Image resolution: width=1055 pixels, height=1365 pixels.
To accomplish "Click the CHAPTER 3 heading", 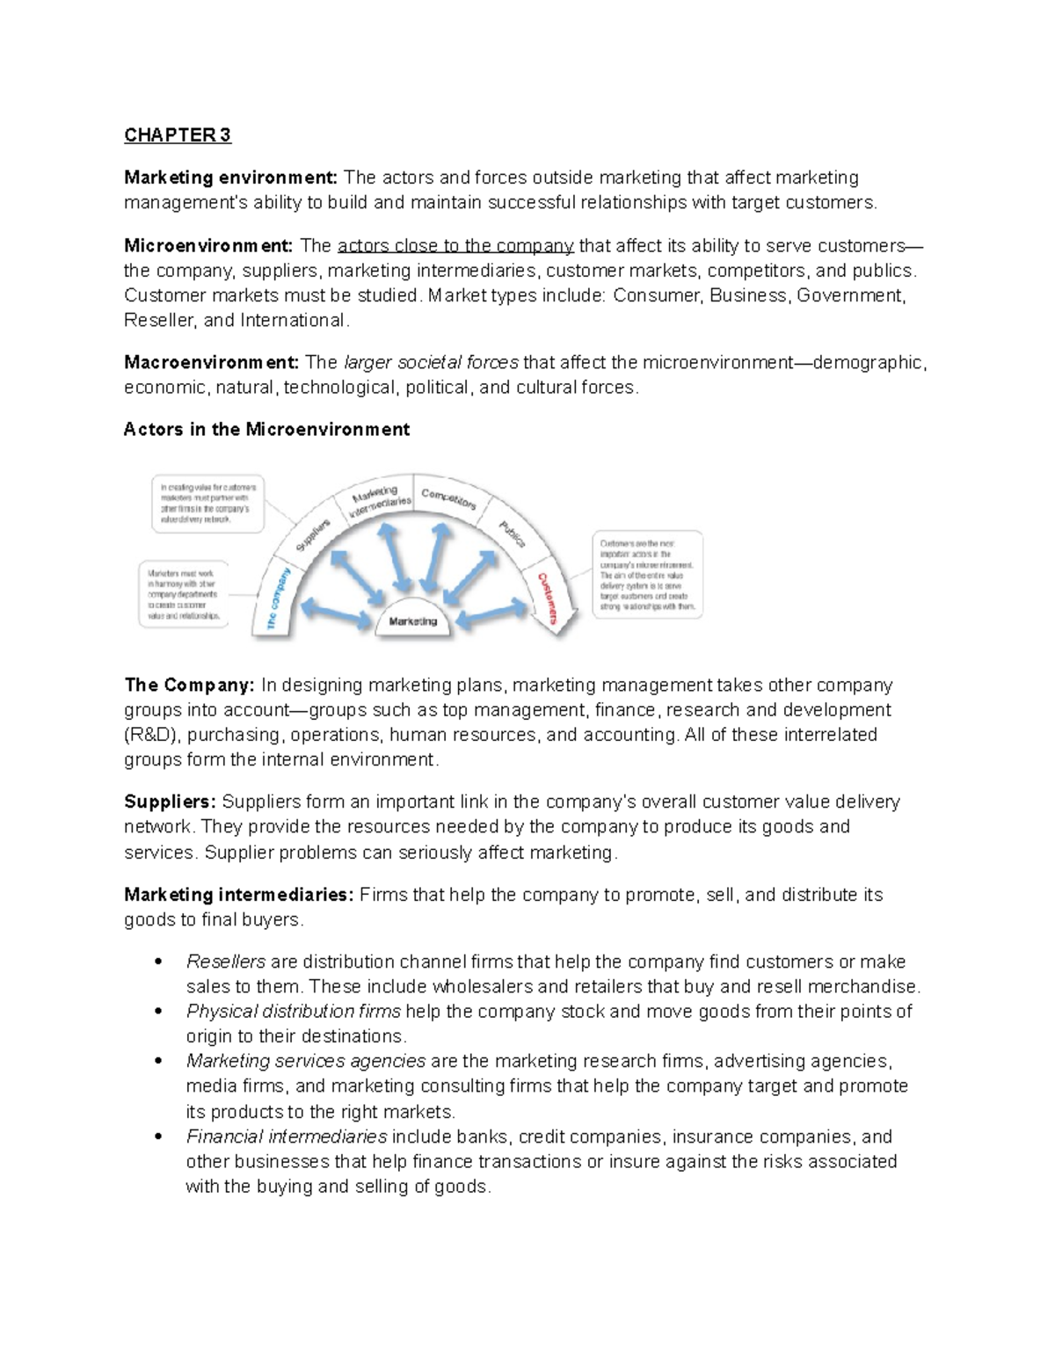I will click(177, 134).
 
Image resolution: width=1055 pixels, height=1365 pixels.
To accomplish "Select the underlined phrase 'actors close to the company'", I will click(455, 245).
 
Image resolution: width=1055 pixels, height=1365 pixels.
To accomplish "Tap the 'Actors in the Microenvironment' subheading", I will click(266, 429).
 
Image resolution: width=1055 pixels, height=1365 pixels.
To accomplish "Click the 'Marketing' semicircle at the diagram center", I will click(413, 621).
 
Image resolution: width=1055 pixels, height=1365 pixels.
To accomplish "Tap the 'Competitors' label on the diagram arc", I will click(448, 499).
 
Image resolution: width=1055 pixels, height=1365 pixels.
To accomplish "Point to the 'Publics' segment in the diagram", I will click(512, 533).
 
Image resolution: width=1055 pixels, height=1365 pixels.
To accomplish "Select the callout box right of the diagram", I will click(647, 574).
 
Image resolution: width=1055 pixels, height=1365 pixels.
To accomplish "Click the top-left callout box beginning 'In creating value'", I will click(207, 504).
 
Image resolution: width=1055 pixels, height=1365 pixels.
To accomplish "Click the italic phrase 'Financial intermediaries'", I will click(287, 1136).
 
